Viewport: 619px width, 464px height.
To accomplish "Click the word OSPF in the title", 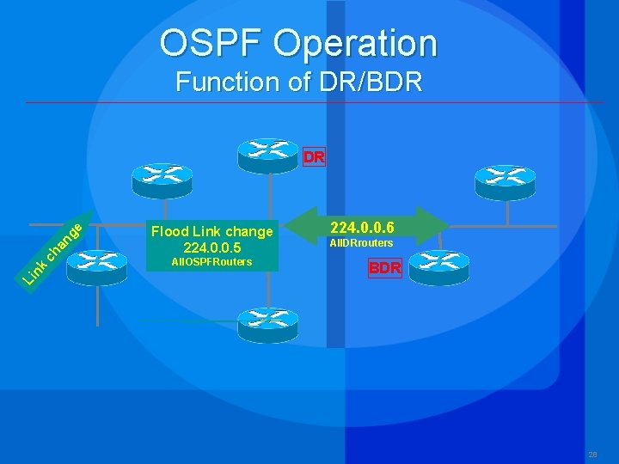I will (208, 42).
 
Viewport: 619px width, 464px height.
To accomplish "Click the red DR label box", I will (314, 157).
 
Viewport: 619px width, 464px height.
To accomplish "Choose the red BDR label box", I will (384, 268).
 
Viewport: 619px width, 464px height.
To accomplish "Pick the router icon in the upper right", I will (505, 180).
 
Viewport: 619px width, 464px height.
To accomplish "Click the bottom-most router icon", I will (268, 324).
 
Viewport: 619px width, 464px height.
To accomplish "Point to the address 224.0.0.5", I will (211, 247).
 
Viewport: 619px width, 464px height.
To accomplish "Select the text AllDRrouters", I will (361, 244).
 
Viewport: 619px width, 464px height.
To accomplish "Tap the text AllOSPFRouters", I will (211, 262).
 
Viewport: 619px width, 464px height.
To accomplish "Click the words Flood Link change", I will (211, 231).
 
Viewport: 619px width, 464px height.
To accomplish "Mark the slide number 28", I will (592, 455).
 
